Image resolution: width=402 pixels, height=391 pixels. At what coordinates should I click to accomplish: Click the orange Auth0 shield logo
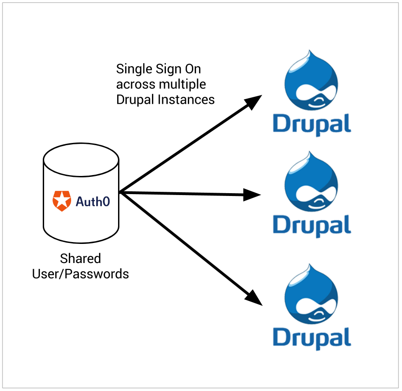click(62, 201)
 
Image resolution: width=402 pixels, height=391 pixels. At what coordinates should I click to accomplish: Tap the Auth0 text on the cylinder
click(93, 202)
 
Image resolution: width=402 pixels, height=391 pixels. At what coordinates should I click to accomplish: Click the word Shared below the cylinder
click(80, 258)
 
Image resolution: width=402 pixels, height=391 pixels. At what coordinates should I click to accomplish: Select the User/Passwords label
click(80, 274)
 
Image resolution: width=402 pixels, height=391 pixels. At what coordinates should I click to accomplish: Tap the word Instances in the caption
click(186, 100)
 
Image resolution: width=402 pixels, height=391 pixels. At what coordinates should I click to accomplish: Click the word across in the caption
click(136, 85)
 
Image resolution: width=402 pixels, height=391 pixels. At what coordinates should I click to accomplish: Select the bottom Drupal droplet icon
click(311, 294)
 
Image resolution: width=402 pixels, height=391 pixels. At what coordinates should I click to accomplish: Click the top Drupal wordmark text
click(312, 124)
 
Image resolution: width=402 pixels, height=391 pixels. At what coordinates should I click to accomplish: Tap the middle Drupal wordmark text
click(312, 226)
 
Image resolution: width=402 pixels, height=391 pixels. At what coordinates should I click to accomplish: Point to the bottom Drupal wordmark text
click(312, 338)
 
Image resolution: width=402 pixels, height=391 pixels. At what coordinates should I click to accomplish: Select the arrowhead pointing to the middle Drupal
click(252, 195)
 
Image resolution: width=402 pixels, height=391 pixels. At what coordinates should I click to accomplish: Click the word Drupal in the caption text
click(135, 100)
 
